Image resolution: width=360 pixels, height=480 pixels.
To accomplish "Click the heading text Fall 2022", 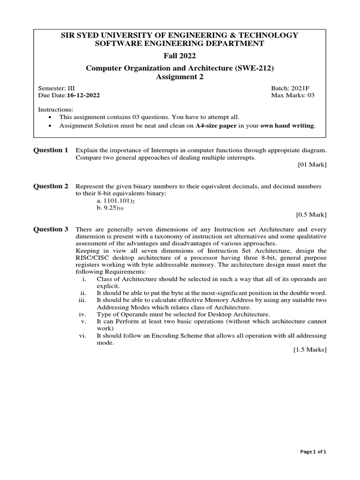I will click(x=180, y=56).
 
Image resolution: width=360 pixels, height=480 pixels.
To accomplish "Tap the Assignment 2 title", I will click(x=180, y=77).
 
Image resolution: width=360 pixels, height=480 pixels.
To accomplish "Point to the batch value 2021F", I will click(x=303, y=88).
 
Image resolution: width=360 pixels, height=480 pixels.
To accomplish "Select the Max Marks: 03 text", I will click(x=293, y=95).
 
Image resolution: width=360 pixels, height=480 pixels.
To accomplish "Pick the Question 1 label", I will click(x=51, y=150).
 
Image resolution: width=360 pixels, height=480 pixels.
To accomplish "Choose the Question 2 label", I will click(x=51, y=186).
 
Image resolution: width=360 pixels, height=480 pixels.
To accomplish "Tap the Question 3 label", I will click(x=51, y=229).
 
